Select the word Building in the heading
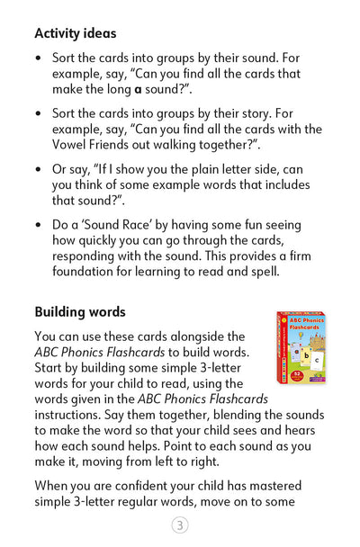pyautogui.click(x=62, y=312)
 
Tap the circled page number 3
pyautogui.click(x=180, y=526)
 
